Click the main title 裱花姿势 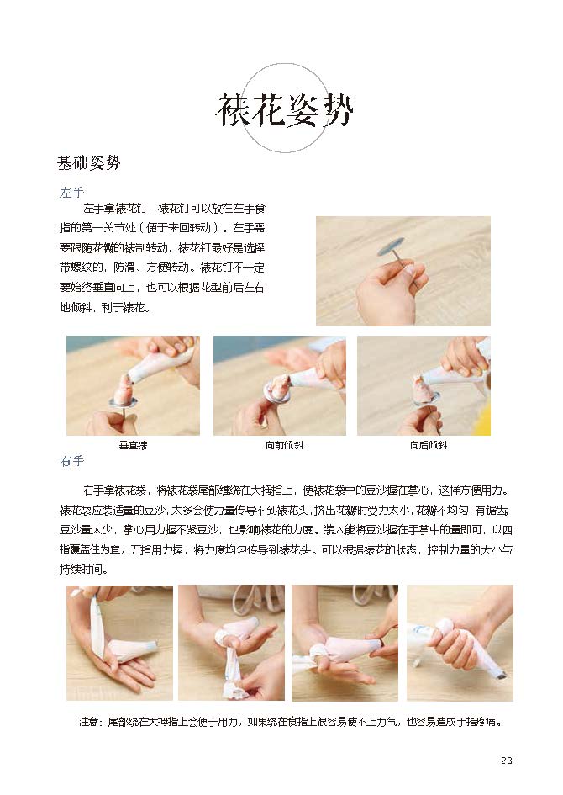coord(284,110)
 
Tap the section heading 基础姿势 coord(88,162)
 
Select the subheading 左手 coord(72,192)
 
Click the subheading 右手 coord(72,461)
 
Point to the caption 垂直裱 coord(133,445)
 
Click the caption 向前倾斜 coord(284,445)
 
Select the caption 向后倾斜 coord(429,445)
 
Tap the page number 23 coord(507,760)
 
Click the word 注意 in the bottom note coord(88,722)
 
